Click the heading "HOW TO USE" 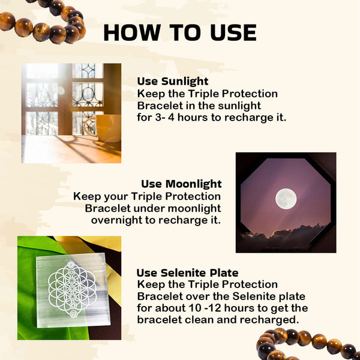[180, 32]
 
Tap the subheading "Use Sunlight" [173, 82]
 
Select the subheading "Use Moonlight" [181, 184]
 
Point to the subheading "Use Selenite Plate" [188, 273]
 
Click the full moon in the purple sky [286, 199]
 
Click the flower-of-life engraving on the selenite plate [73, 289]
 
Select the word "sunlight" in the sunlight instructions [239, 106]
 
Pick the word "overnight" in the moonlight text [116, 220]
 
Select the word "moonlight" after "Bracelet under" [194, 209]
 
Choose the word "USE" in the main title [233, 32]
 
